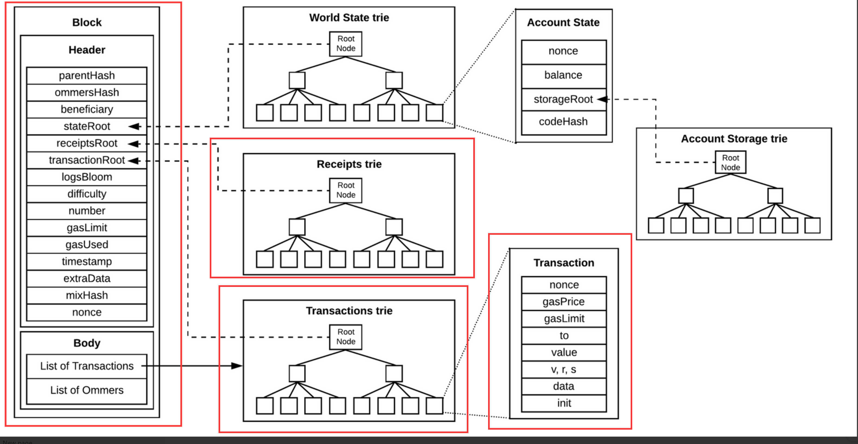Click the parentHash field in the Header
point(87,76)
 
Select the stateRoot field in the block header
point(87,126)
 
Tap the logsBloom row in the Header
point(87,177)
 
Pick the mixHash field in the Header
point(87,295)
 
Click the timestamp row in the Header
point(87,261)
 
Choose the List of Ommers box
point(87,390)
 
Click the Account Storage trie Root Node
point(731,162)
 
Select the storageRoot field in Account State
point(563,99)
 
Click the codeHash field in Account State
point(563,122)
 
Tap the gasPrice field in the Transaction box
point(564,302)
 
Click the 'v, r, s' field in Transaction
point(564,369)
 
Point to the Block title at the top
point(87,22)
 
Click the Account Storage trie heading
point(734,139)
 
